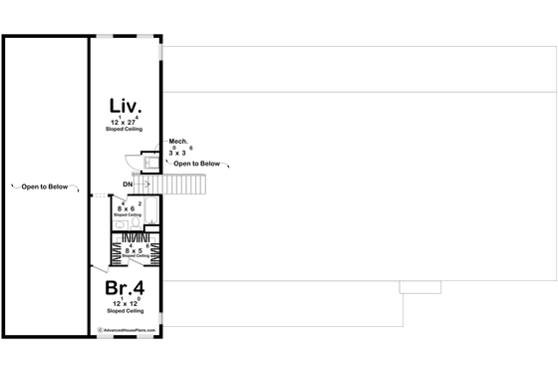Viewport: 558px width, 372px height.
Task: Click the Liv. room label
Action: click(x=127, y=105)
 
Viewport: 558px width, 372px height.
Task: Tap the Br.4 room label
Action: click(x=127, y=288)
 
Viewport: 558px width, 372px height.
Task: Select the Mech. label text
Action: click(x=178, y=142)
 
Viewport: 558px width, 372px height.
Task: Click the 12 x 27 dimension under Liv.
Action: click(x=127, y=122)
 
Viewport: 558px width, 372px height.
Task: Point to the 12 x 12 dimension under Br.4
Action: click(x=127, y=302)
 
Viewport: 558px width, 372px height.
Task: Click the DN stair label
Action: click(x=129, y=186)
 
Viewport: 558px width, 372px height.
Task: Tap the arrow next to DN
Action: click(x=144, y=186)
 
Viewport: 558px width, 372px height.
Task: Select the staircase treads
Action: click(x=181, y=185)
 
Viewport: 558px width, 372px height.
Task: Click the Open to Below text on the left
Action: click(x=46, y=186)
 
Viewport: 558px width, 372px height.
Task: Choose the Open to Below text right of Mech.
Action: click(x=197, y=164)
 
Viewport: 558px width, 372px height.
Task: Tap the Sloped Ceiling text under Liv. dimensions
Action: click(x=127, y=130)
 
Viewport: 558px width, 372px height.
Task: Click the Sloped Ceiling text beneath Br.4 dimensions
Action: click(x=127, y=311)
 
